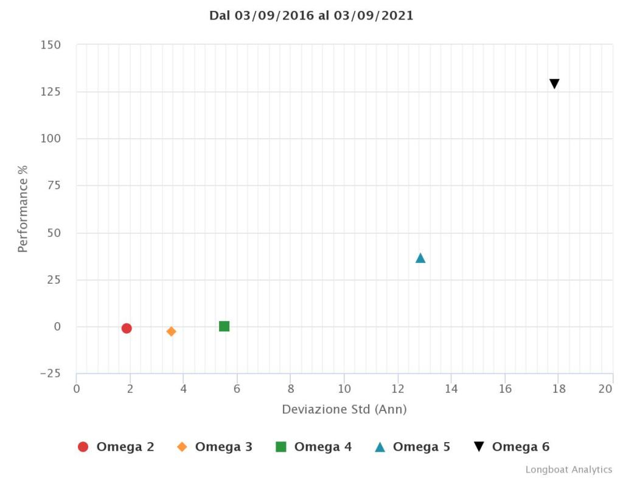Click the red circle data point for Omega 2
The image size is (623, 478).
(x=127, y=328)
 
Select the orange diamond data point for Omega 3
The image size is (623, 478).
(x=172, y=331)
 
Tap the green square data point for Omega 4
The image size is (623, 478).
(x=224, y=326)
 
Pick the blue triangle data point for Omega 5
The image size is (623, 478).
(x=420, y=258)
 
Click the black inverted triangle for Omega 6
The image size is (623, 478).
(x=554, y=84)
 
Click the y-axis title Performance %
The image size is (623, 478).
(x=23, y=208)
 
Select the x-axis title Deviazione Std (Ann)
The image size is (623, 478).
(x=344, y=409)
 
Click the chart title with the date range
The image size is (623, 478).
(x=311, y=16)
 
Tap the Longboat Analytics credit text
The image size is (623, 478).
(x=569, y=469)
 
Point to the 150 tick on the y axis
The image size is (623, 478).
(x=51, y=45)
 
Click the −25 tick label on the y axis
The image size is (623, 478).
(x=49, y=373)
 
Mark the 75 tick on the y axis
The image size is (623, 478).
(x=54, y=186)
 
